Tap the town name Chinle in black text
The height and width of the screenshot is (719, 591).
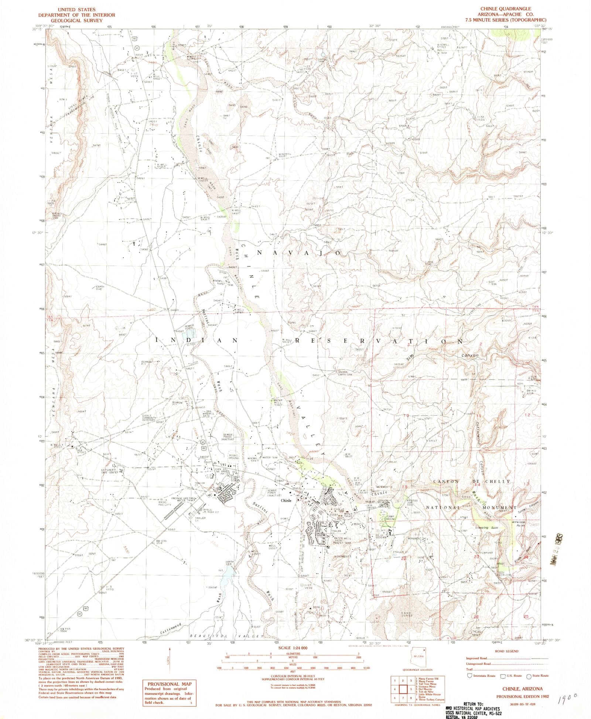(286, 501)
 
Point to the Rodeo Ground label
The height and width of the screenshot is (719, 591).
(233, 457)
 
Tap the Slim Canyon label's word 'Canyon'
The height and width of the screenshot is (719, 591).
(470, 355)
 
